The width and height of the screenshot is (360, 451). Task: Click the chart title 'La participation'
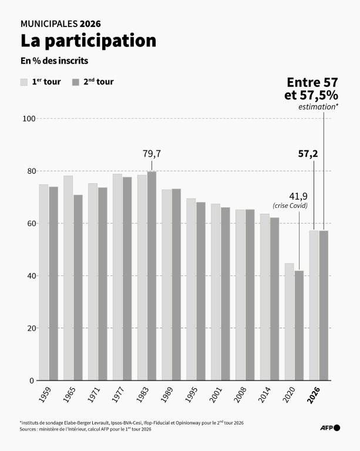pos(88,41)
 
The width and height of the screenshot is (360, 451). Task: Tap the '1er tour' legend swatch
pos(25,82)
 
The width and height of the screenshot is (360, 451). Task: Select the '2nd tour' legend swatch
pos(76,82)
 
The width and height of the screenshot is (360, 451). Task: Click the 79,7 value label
pos(152,154)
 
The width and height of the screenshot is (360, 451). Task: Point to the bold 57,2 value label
pos(308,154)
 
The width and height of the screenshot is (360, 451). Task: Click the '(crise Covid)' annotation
pos(290,206)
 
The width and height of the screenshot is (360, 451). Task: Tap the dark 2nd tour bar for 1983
pos(152,276)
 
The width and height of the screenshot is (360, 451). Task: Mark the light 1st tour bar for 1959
pos(43,282)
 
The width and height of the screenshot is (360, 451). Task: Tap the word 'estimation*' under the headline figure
pos(318,107)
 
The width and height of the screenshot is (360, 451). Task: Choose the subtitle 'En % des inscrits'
pos(55,60)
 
